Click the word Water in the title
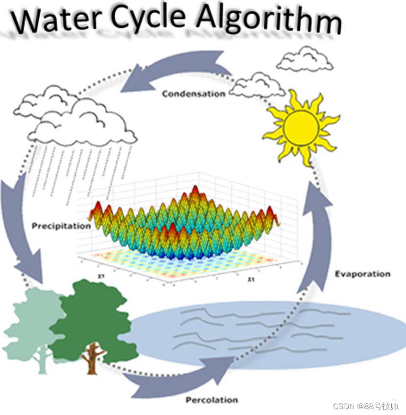click(52, 20)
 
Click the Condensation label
click(193, 93)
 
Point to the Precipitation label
click(61, 226)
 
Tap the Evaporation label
click(362, 274)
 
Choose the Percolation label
click(212, 400)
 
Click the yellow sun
click(300, 126)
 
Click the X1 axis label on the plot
click(251, 280)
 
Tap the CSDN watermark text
click(365, 406)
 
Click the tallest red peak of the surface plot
click(195, 192)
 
